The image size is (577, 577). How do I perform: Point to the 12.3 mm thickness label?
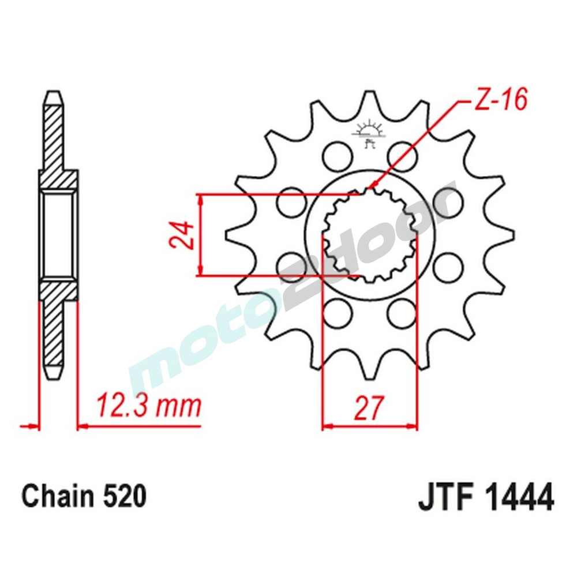pyautogui.click(x=148, y=406)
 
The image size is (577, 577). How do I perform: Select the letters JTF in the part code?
pyautogui.click(x=445, y=497)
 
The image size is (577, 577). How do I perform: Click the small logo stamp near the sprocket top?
pyautogui.click(x=369, y=134)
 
